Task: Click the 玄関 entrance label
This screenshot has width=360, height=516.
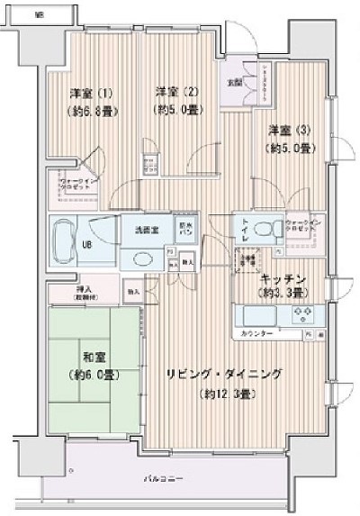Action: [x=233, y=84]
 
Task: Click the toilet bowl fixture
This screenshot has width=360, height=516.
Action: [x=265, y=229]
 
